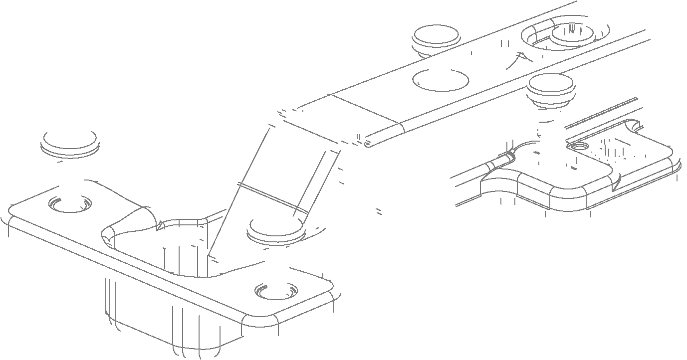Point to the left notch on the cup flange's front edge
55,249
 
